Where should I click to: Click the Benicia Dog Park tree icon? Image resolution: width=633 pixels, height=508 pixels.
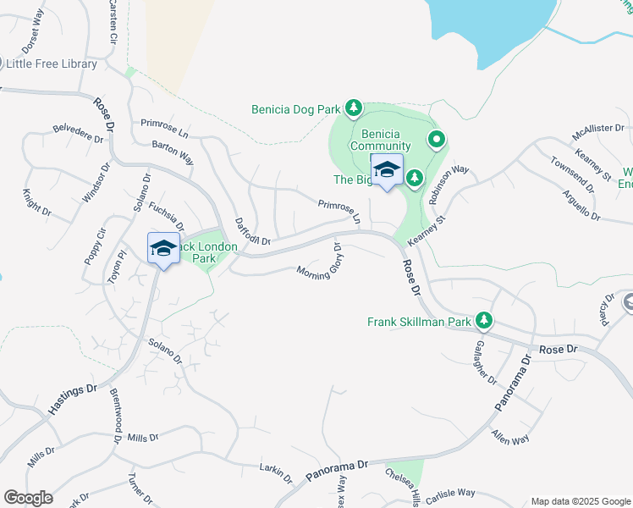[355, 108]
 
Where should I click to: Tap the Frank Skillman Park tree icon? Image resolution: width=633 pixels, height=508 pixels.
[484, 321]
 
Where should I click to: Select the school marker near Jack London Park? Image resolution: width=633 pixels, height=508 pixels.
[163, 248]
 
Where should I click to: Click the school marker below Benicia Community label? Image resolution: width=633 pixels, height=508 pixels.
[387, 169]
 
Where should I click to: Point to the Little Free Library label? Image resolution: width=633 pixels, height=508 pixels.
[51, 63]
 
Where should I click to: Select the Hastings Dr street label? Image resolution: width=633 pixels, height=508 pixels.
[73, 400]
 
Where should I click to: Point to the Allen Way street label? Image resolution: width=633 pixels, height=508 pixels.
[510, 439]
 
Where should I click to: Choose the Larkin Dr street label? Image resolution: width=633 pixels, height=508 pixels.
[276, 472]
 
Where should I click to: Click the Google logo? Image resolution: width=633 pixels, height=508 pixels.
[28, 498]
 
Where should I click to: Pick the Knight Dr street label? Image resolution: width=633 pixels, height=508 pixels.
[36, 203]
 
